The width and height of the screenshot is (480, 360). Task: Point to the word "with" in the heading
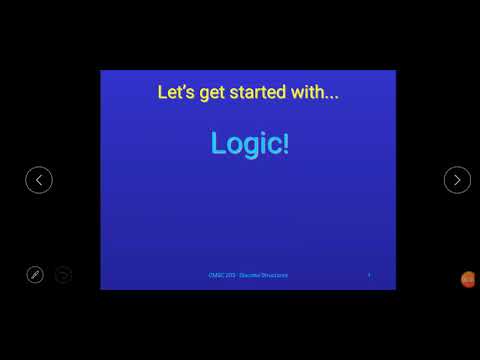pyautogui.click(x=308, y=93)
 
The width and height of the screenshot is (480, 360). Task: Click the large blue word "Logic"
pyautogui.click(x=246, y=144)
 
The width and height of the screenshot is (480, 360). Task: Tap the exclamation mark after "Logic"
pyautogui.click(x=286, y=143)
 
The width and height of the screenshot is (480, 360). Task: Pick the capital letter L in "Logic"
pyautogui.click(x=218, y=143)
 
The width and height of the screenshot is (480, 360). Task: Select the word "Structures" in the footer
pyautogui.click(x=273, y=275)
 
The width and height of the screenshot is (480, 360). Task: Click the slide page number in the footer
pyautogui.click(x=369, y=275)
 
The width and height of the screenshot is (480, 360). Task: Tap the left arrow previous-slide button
pyautogui.click(x=39, y=180)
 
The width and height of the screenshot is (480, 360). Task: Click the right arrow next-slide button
pyautogui.click(x=457, y=180)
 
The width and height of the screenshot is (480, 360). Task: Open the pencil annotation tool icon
pyautogui.click(x=35, y=274)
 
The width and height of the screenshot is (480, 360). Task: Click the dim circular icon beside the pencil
pyautogui.click(x=63, y=274)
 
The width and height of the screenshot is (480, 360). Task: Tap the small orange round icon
pyautogui.click(x=467, y=279)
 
